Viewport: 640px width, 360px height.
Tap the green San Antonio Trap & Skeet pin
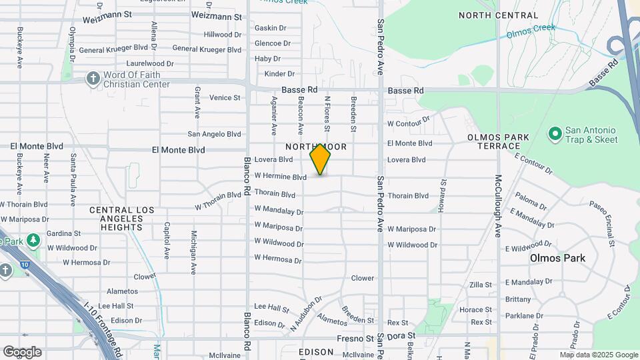point(554,134)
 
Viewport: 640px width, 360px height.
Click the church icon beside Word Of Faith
point(93,79)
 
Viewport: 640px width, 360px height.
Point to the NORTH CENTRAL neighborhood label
point(498,15)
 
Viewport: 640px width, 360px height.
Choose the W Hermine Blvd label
point(280,177)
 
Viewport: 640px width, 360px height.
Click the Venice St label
point(225,97)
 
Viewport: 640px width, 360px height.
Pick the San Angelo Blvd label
point(214,133)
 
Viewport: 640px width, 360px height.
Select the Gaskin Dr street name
point(270,28)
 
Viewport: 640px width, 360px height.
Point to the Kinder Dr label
point(279,74)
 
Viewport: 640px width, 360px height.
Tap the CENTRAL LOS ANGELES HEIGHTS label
point(122,219)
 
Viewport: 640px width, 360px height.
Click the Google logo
point(22,352)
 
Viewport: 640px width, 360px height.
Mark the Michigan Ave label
point(194,244)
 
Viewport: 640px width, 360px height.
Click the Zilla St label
point(480,285)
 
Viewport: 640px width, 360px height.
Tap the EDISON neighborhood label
point(316,351)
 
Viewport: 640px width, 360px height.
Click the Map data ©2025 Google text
point(599,355)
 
